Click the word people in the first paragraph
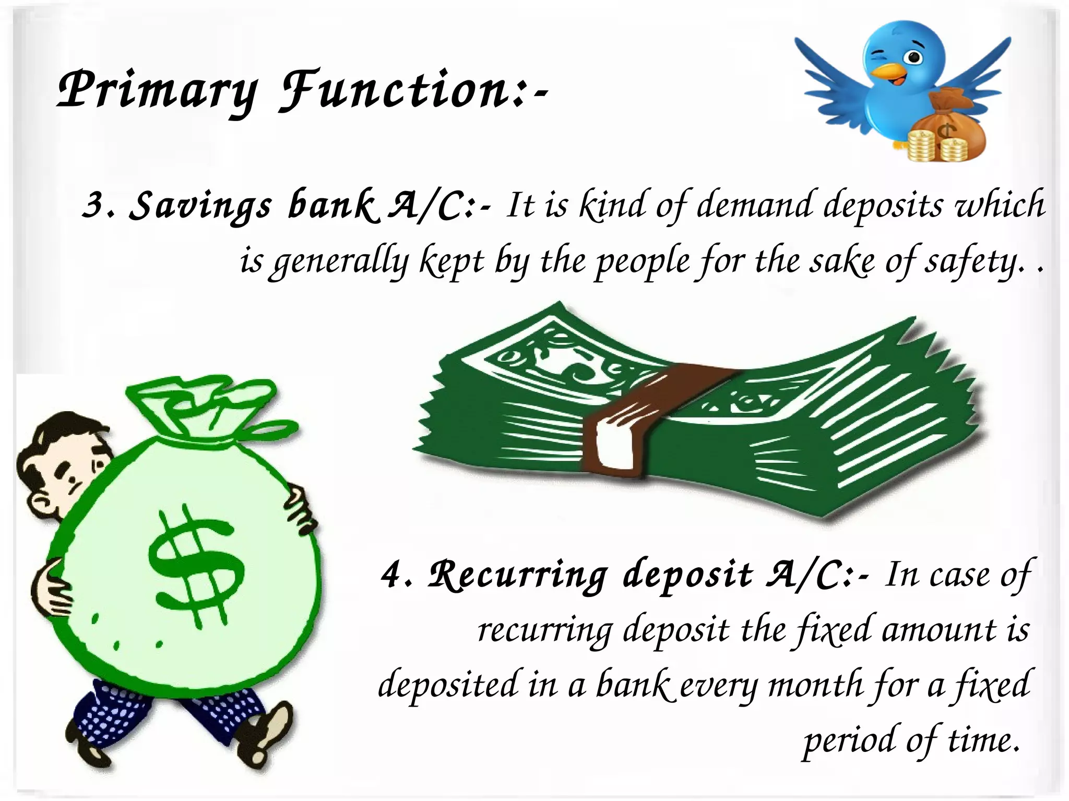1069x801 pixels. tap(642, 262)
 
